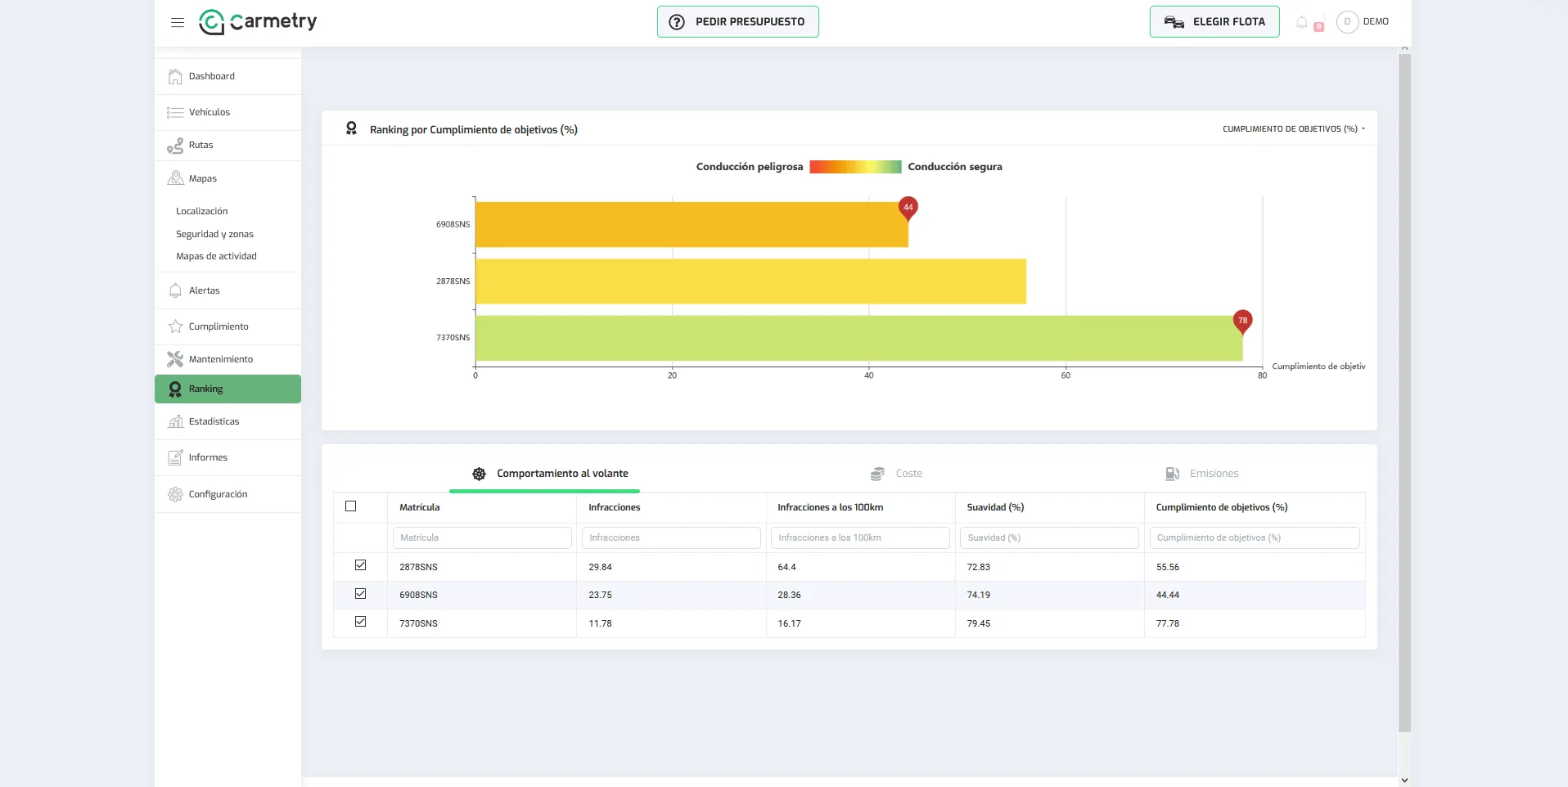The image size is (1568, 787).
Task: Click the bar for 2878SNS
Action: point(750,281)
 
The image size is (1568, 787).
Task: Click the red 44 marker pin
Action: point(908,209)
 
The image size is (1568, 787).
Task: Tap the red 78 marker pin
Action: point(1242,322)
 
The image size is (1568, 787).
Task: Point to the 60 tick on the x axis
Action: point(1066,376)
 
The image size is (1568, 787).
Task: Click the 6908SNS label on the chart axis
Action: point(453,224)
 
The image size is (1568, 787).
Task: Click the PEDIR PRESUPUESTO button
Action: point(737,22)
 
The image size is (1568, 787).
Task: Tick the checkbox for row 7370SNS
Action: point(360,622)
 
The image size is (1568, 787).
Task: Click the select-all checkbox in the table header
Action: point(351,506)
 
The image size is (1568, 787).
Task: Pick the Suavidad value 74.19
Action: point(978,595)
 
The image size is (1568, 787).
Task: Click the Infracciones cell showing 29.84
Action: point(600,567)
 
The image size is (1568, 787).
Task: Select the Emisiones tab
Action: point(1201,474)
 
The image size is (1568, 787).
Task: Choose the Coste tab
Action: point(896,474)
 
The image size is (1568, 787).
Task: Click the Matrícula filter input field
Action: point(482,537)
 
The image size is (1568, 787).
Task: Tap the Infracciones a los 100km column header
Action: point(830,507)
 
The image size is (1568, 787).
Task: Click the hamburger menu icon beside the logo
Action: point(178,22)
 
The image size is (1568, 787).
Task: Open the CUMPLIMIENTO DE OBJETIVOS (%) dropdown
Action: point(1293,129)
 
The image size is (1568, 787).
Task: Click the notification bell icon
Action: point(1302,22)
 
